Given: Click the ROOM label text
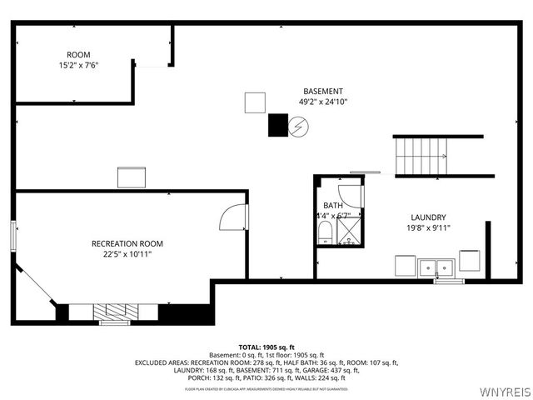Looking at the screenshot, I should [x=78, y=54].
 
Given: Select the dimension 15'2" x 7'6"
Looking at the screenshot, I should [x=78, y=65].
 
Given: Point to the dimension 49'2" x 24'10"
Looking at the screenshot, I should [x=322, y=102].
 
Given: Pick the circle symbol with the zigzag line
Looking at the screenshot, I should [x=298, y=127].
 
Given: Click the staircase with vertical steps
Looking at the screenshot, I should [x=421, y=156].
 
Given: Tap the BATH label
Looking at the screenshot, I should [x=332, y=205].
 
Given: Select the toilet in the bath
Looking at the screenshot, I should [x=326, y=232].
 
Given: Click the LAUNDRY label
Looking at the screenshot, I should [x=428, y=217].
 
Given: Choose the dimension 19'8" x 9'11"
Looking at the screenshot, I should [x=428, y=227].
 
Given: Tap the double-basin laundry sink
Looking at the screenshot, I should [x=436, y=267].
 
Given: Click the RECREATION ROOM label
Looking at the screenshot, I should [x=127, y=243].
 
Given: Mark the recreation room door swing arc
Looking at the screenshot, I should [x=232, y=217].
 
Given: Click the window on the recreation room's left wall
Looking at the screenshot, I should [x=13, y=233].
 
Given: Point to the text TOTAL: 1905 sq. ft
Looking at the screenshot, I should [x=266, y=347].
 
